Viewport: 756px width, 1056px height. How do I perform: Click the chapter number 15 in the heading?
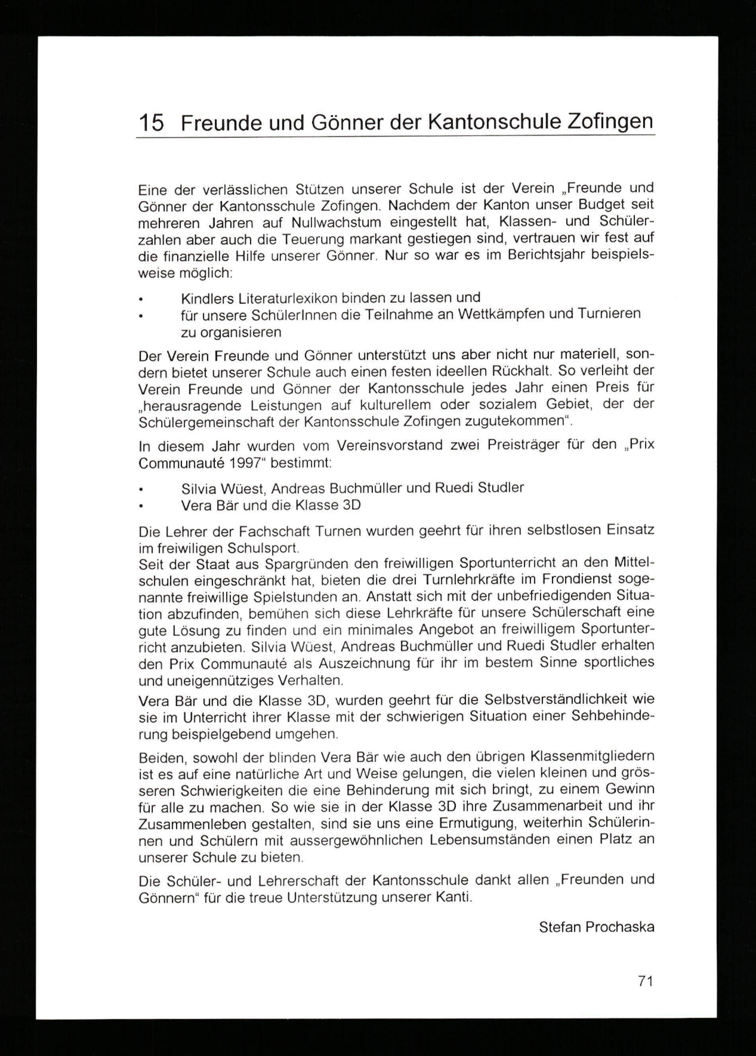[151, 123]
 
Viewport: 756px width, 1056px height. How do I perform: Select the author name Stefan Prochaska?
[596, 927]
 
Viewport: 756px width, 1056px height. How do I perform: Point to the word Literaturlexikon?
[283, 297]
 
